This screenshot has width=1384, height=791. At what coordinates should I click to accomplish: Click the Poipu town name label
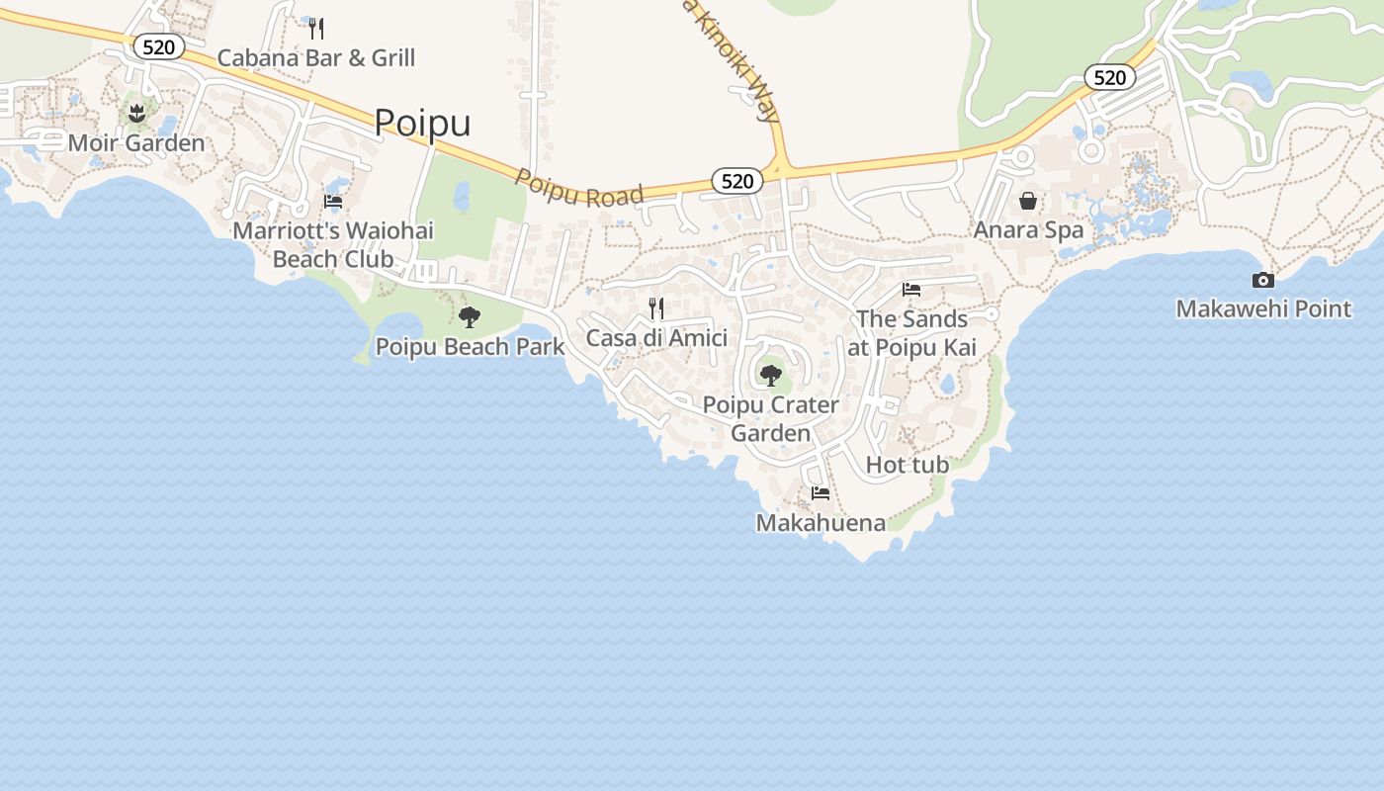tap(422, 123)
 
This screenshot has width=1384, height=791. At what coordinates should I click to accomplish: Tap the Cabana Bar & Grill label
tap(315, 57)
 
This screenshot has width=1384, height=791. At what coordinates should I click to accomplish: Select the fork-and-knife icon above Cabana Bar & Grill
tap(316, 28)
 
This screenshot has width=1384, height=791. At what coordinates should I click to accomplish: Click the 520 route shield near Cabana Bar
tap(158, 46)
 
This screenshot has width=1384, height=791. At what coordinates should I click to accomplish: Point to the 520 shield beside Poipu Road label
tap(737, 180)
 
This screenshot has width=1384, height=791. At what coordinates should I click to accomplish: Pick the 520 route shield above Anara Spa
tap(1110, 77)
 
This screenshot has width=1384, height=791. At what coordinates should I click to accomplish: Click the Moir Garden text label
tap(136, 142)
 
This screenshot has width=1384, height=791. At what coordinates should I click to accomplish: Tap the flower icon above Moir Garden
tap(137, 113)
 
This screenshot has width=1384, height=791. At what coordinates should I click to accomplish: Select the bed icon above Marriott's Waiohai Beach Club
tap(333, 202)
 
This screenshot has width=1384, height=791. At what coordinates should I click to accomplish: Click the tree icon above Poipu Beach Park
tap(470, 317)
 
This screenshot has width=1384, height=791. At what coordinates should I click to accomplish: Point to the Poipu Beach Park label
tap(470, 346)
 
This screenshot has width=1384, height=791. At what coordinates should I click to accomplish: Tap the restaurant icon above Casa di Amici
tap(656, 308)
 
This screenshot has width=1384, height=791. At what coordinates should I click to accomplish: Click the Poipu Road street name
tap(579, 187)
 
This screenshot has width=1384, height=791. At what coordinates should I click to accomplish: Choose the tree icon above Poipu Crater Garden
tap(771, 376)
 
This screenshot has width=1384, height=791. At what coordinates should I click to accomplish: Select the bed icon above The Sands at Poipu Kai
tap(911, 290)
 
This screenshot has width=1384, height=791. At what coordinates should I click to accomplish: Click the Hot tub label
tap(908, 464)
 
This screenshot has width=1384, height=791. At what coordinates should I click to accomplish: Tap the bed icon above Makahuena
tap(821, 492)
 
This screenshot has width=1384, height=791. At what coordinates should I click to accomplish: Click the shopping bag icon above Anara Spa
tap(1028, 201)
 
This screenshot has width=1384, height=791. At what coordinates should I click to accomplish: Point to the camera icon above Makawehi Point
tap(1263, 280)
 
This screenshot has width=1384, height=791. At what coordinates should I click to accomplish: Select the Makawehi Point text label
tap(1263, 308)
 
